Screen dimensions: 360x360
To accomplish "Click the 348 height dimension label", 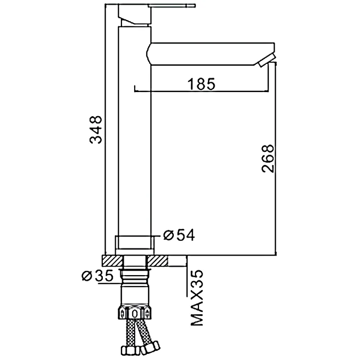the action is pyautogui.click(x=96, y=130).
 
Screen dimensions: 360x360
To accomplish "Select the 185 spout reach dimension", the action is pyautogui.click(x=202, y=84).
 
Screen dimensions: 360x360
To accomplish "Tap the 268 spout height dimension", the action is pyautogui.click(x=268, y=158).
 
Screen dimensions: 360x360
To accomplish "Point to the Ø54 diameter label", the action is pyautogui.click(x=179, y=235).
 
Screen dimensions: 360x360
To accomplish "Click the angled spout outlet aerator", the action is pyautogui.click(x=266, y=60).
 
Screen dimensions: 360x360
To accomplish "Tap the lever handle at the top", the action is pyautogui.click(x=173, y=6).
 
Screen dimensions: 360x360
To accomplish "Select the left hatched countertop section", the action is pyautogui.click(x=112, y=261).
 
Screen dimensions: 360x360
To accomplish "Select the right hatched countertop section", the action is pyautogui.click(x=157, y=261).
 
